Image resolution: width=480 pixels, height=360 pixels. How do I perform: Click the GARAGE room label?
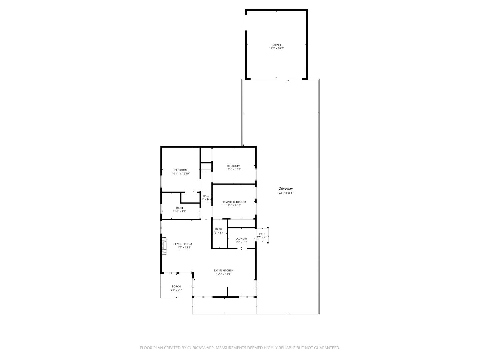pyautogui.click(x=276, y=45)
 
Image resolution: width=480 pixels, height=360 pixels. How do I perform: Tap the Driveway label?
pyautogui.click(x=286, y=189)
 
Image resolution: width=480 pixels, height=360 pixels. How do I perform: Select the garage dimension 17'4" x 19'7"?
pyautogui.click(x=276, y=49)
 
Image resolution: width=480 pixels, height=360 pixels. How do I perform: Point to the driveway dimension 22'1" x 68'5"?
pyautogui.click(x=286, y=193)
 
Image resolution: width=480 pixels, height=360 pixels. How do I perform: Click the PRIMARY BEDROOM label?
pyautogui.click(x=234, y=202)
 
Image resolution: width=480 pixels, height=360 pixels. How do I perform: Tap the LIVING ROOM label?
pyautogui.click(x=183, y=244)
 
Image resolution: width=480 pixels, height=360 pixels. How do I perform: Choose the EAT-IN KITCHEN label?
pyautogui.click(x=223, y=270)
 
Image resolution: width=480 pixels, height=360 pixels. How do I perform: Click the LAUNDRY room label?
pyautogui.click(x=241, y=239)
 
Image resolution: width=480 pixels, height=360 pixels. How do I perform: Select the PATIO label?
pyautogui.click(x=263, y=234)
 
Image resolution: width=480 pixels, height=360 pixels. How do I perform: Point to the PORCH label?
pyautogui.click(x=176, y=286)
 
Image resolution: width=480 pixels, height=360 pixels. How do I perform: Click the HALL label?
pyautogui.click(x=206, y=196)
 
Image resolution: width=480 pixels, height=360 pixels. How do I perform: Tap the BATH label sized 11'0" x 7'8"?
pyautogui.click(x=180, y=208)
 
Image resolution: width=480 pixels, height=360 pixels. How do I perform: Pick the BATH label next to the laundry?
pyautogui.click(x=218, y=229)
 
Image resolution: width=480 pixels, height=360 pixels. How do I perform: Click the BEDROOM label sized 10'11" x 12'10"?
pyautogui.click(x=181, y=170)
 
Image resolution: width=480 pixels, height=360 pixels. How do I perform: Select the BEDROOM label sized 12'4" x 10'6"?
pyautogui.click(x=234, y=166)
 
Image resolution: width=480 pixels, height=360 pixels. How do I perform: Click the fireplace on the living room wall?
pyautogui.click(x=164, y=246)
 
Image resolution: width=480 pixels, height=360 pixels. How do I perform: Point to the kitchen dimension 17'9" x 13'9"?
pyautogui.click(x=223, y=274)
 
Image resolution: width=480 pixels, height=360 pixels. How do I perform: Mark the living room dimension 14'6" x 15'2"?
pyautogui.click(x=183, y=248)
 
